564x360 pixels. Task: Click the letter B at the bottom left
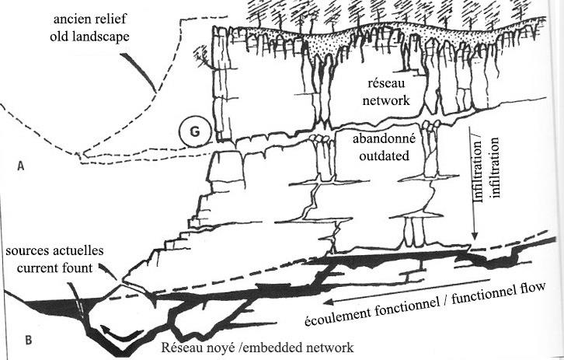tap(29, 339)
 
